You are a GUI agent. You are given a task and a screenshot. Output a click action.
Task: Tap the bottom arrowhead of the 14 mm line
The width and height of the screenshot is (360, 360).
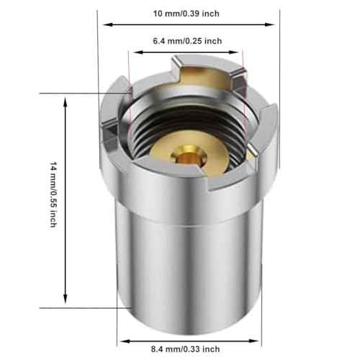coord(66,302)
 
